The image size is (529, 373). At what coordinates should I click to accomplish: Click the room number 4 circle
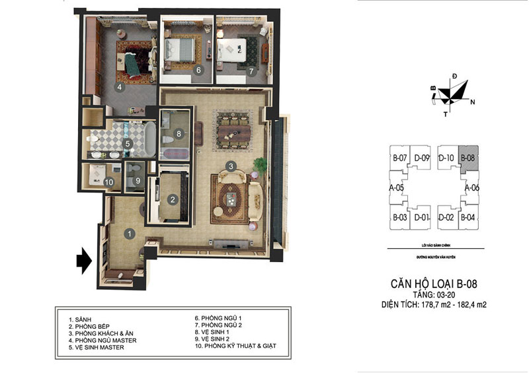click(x=120, y=86)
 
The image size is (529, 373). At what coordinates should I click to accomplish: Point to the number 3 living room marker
click(x=231, y=166)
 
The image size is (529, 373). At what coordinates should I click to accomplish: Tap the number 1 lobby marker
click(x=130, y=232)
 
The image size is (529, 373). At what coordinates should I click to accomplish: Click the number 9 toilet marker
click(x=138, y=181)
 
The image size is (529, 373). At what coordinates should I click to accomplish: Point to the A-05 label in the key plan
click(x=397, y=188)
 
